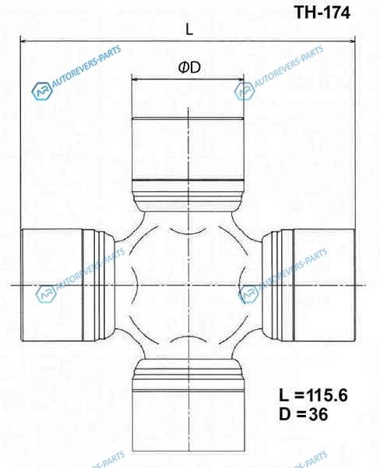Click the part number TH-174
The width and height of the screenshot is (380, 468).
coord(322,12)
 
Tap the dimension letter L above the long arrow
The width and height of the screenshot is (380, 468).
coord(189,30)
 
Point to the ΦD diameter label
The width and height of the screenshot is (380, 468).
coord(189,67)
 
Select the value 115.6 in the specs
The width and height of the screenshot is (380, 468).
coord(326,395)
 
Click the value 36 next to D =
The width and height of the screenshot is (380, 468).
coord(318,414)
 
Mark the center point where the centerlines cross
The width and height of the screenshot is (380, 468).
coord(188,285)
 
